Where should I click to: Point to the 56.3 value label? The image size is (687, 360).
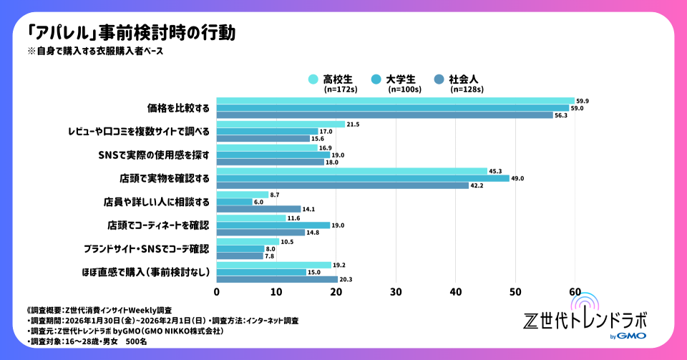point(561,115)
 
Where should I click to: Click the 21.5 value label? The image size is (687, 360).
point(353,125)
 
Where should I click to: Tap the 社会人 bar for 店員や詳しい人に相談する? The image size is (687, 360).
point(258,209)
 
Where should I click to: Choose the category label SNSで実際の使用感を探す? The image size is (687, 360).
point(152,155)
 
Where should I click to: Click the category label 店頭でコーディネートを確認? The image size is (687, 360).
point(157,225)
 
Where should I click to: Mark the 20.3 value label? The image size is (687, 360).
point(346,279)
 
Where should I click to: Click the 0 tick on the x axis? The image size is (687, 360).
point(217,292)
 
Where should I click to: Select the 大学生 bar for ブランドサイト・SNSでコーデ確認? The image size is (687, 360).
point(240,248)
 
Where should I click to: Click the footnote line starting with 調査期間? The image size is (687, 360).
point(162,321)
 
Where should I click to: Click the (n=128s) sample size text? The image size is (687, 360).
point(467,90)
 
